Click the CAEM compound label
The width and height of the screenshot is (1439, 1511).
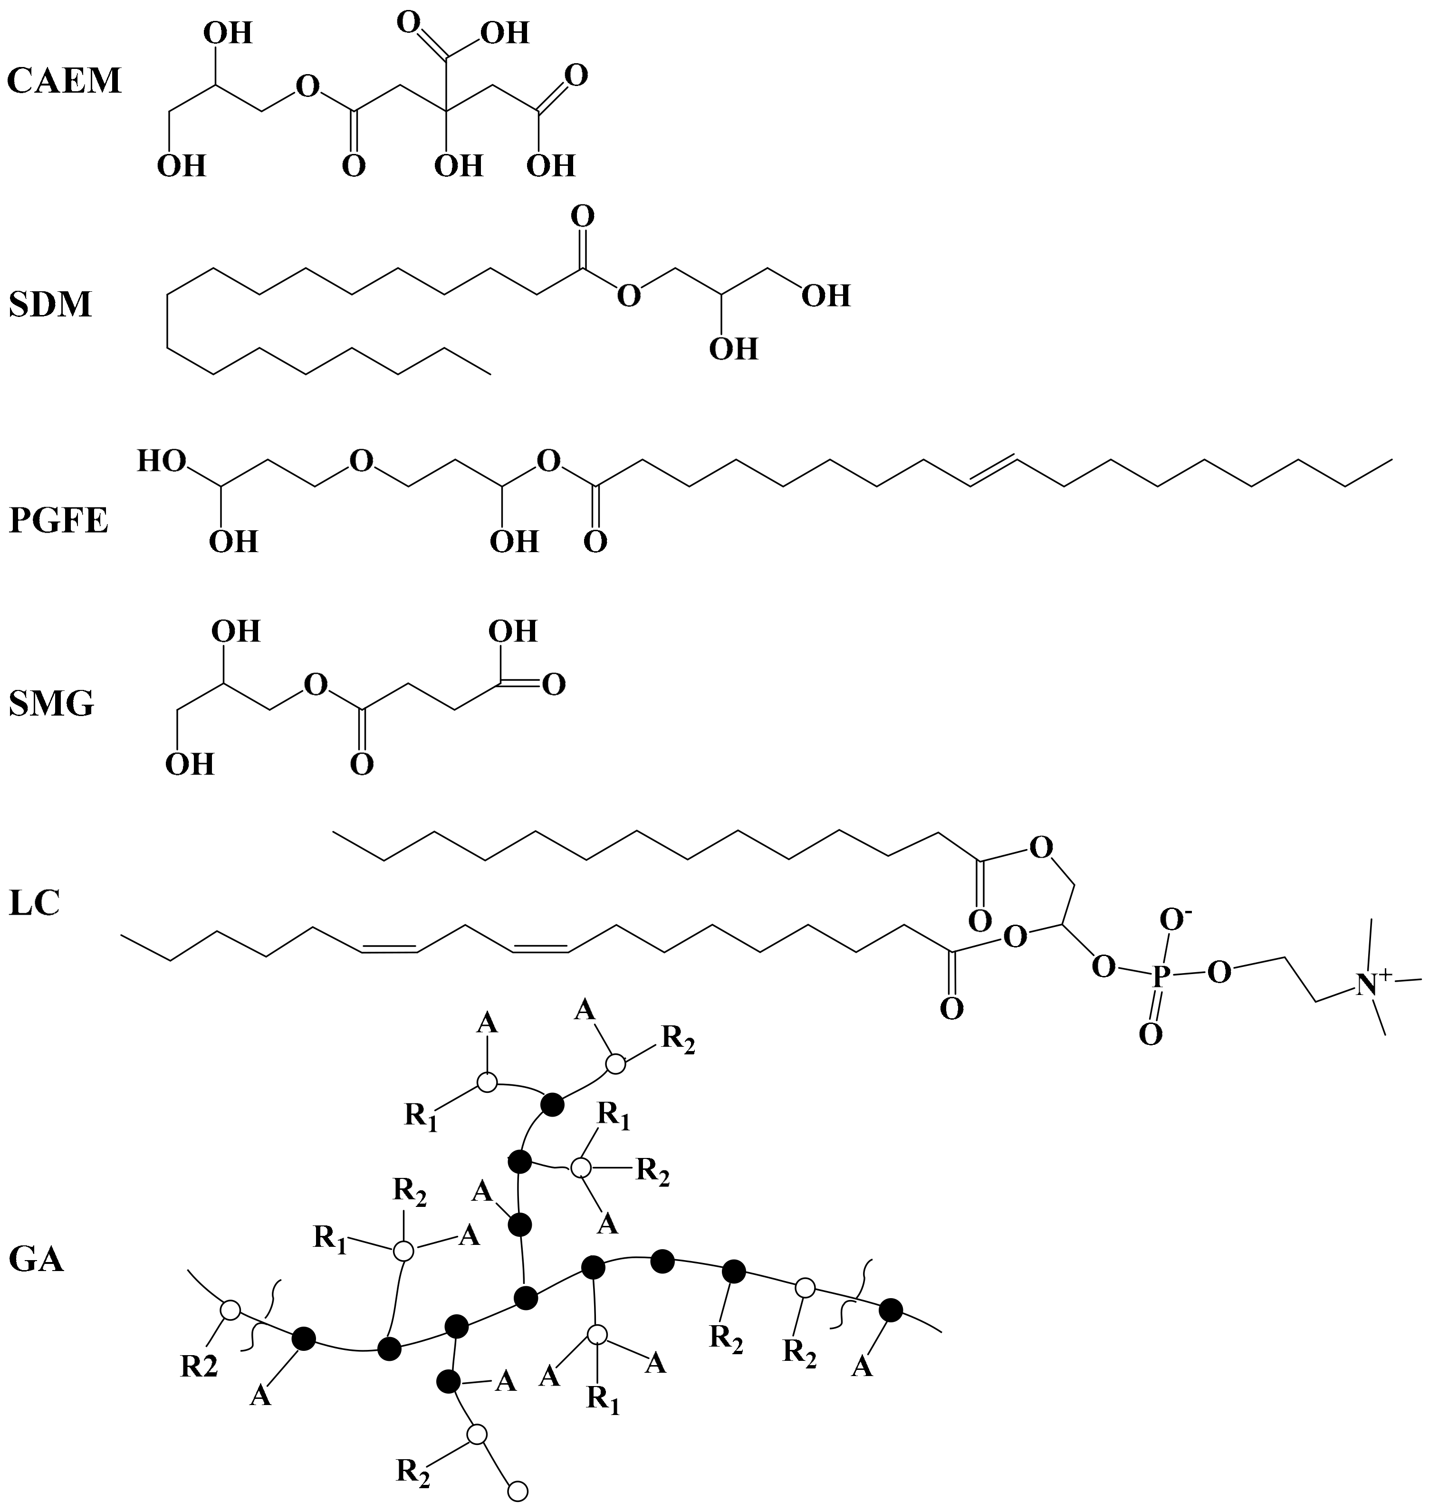pyautogui.click(x=65, y=80)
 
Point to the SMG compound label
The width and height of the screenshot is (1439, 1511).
pyautogui.click(x=51, y=703)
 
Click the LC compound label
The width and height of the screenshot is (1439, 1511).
pyautogui.click(x=35, y=904)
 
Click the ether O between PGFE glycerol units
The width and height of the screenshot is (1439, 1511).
pyautogui.click(x=361, y=461)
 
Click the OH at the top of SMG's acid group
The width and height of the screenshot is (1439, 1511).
pyautogui.click(x=513, y=631)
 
